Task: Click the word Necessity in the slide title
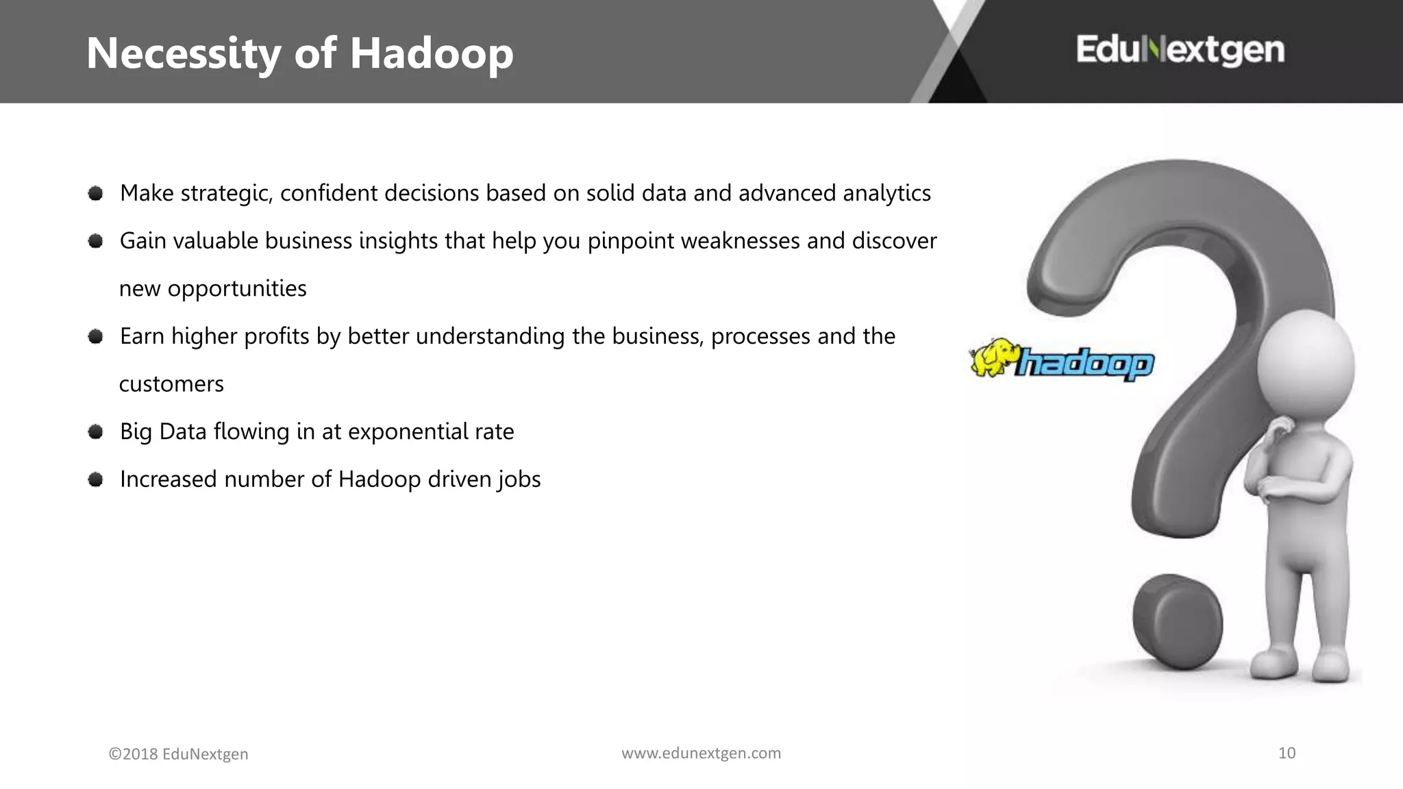tap(184, 54)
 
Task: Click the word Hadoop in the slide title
tap(432, 54)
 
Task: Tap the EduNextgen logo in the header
tap(1180, 50)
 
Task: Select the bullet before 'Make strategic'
tap(96, 194)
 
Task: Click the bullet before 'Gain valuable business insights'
tap(96, 241)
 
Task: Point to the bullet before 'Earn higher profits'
tap(96, 336)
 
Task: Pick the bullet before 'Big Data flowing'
tap(96, 431)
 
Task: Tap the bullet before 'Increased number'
tap(96, 479)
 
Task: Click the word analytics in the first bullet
tap(886, 194)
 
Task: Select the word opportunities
tap(237, 289)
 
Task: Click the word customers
tap(171, 384)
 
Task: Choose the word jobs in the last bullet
tap(519, 479)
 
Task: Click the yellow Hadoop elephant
tap(993, 357)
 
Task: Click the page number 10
tap(1287, 753)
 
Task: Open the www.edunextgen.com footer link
tap(701, 753)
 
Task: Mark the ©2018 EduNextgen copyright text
tap(178, 754)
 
